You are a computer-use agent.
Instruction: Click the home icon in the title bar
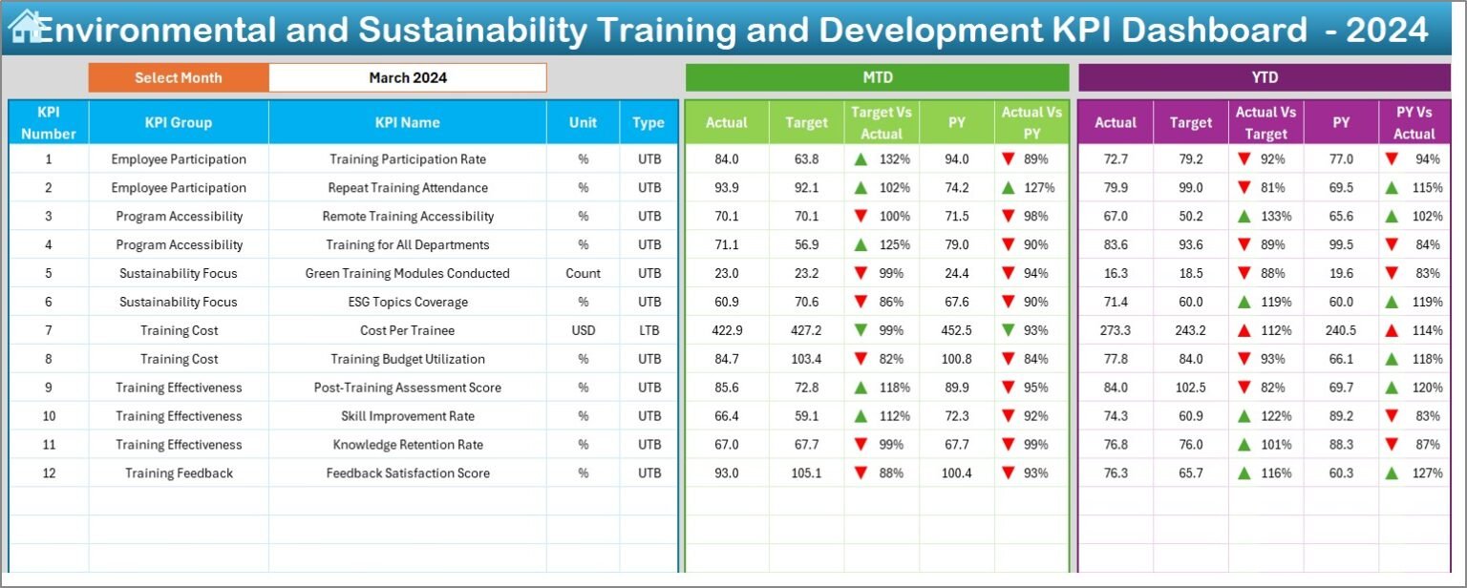tap(25, 26)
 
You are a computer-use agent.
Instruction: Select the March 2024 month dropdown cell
tap(408, 78)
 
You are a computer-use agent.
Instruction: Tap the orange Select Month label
tap(179, 78)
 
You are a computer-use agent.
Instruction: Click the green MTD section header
tap(877, 78)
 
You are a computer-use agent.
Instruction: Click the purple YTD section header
tap(1265, 78)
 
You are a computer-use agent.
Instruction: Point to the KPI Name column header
tap(408, 122)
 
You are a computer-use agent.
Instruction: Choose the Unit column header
tap(583, 122)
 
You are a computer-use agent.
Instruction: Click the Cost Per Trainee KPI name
tap(408, 330)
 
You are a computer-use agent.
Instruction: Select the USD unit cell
tap(583, 330)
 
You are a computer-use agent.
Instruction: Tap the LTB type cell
tap(649, 330)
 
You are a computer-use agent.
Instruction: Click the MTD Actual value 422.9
tap(726, 330)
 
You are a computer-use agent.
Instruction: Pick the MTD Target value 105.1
tap(806, 473)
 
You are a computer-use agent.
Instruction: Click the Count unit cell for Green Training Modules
tap(583, 273)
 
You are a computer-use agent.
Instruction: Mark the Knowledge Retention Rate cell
tap(408, 445)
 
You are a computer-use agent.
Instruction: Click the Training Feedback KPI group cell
tap(179, 473)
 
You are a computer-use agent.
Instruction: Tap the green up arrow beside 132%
tap(861, 159)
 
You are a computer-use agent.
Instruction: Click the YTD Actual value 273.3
tap(1115, 330)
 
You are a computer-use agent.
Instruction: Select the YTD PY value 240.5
tap(1341, 330)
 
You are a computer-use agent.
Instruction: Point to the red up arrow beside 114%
tap(1393, 330)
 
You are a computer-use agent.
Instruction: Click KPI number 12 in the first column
tap(49, 473)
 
